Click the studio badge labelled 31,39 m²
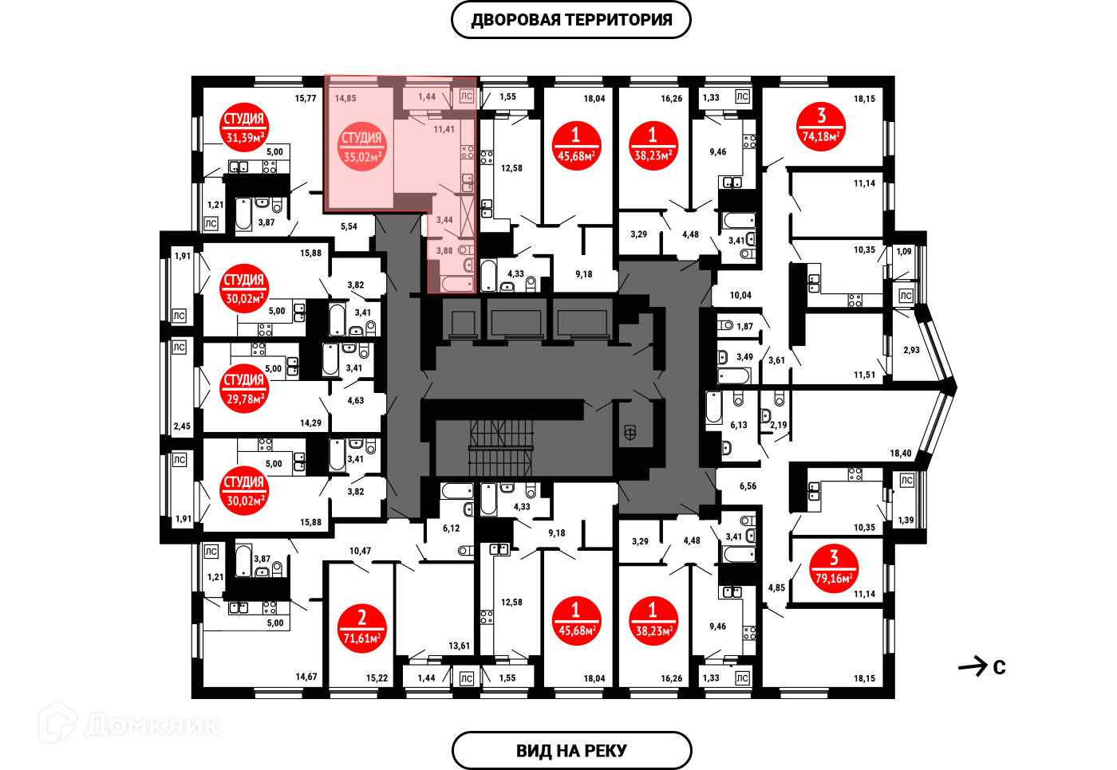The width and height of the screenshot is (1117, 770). point(244,128)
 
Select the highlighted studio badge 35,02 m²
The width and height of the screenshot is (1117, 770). point(362,147)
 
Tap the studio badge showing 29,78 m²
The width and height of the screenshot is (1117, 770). point(244,389)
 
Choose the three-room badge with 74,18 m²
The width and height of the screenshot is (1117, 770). point(821,127)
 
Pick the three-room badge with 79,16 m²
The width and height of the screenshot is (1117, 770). point(834,568)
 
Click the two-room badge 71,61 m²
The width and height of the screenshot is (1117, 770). point(362,628)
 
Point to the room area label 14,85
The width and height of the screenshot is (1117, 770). point(345,99)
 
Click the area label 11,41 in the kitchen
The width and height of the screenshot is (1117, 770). point(444,129)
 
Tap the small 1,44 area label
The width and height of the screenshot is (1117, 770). point(427,97)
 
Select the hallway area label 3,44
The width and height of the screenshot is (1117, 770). point(444,220)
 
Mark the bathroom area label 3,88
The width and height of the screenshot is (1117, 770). point(444,251)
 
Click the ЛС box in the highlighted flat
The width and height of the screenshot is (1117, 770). point(467,96)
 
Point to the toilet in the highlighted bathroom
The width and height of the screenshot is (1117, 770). point(466,250)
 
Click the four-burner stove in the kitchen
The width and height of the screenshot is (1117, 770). point(468,151)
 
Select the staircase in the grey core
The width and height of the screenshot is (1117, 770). point(500,447)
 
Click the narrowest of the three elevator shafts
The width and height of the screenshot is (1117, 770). point(463,322)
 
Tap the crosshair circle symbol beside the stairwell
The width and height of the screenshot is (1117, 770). point(630,434)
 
